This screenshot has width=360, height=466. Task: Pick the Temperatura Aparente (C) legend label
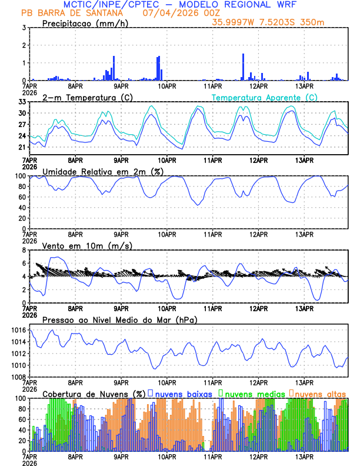(x=264, y=97)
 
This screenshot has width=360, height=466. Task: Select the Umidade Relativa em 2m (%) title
(x=104, y=171)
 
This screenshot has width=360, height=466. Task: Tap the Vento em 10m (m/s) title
(x=88, y=245)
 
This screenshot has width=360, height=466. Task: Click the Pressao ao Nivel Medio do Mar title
(x=120, y=319)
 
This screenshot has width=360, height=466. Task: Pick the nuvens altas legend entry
(x=318, y=393)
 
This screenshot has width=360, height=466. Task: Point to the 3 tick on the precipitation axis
(x=24, y=28)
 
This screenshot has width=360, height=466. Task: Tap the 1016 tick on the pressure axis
(x=18, y=331)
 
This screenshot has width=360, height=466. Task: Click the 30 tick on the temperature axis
(x=22, y=113)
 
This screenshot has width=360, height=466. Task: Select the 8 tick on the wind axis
(x=24, y=250)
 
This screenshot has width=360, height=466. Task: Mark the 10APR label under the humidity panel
(x=167, y=234)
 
